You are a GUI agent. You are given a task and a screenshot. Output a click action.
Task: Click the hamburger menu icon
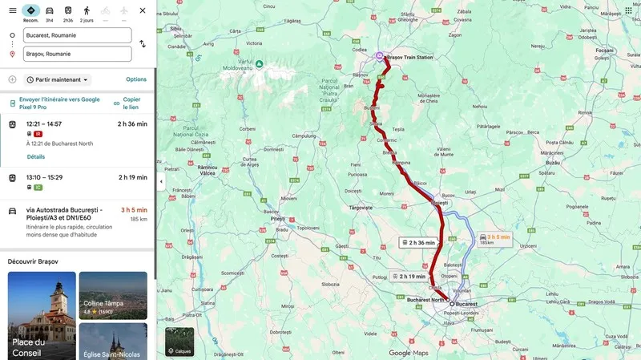[12, 10]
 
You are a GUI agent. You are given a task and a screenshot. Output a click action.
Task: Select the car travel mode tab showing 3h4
[50, 13]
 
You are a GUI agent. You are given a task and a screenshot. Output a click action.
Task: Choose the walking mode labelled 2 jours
[87, 13]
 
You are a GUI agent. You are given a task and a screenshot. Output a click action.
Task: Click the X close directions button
[143, 10]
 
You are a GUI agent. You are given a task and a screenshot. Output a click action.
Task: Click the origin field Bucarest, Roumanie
[78, 35]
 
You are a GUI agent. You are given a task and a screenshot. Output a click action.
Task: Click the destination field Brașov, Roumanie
[78, 54]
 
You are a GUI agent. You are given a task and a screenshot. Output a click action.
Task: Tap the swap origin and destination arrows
[143, 44]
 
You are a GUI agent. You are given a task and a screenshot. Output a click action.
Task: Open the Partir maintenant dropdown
[58, 80]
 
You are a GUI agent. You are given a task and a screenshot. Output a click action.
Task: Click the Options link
[136, 79]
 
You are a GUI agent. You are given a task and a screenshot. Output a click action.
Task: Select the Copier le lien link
[131, 103]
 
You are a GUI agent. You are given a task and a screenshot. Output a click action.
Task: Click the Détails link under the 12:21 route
[36, 156]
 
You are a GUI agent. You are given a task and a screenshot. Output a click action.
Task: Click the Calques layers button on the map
[179, 341]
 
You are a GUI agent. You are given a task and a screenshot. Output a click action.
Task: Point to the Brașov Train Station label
[409, 58]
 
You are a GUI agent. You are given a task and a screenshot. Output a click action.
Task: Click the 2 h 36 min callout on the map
[418, 242]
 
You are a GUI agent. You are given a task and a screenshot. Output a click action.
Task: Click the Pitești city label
[278, 218]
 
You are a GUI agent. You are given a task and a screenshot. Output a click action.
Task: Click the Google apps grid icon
[628, 10]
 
